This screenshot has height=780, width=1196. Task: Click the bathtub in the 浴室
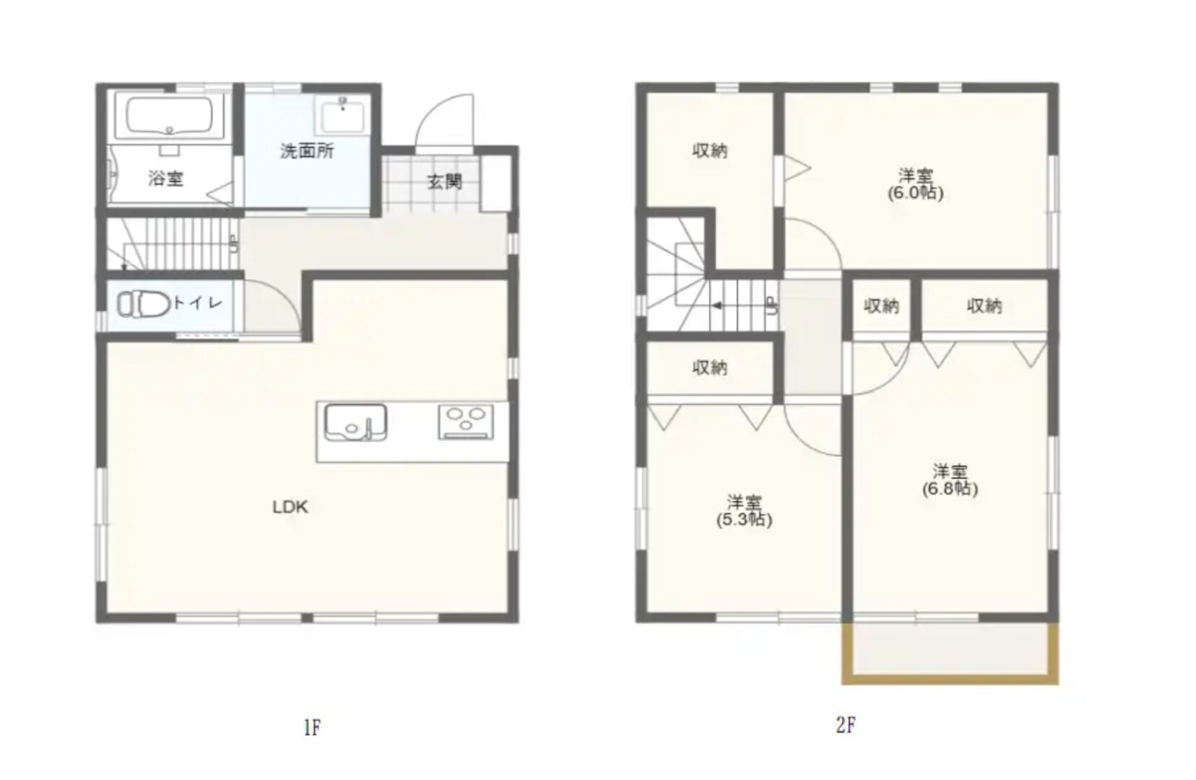tap(169, 117)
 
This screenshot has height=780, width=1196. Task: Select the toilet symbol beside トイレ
tap(143, 304)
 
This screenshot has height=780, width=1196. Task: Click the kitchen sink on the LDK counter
tap(355, 422)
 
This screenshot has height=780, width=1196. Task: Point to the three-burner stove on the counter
tap(466, 422)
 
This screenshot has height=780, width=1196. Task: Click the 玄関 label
tap(444, 182)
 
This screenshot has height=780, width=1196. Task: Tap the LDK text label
tap(290, 507)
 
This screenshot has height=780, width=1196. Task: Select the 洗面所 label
tap(307, 151)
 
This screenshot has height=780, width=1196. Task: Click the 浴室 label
tap(165, 178)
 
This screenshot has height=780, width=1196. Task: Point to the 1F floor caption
tap(312, 727)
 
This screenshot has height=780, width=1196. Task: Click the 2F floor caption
tap(846, 725)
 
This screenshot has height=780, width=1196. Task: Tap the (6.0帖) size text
tap(916, 193)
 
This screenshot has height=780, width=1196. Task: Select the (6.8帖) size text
tap(950, 488)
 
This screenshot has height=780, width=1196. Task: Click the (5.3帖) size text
tap(745, 519)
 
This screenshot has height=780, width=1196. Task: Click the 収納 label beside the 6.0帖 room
tap(710, 151)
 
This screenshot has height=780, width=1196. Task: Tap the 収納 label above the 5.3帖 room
tap(710, 368)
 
